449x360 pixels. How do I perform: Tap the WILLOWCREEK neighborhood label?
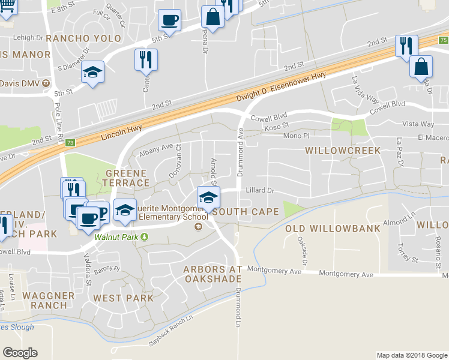tap(343, 150)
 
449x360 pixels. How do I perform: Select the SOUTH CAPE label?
tap(245, 212)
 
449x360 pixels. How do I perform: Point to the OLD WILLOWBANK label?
tap(332, 229)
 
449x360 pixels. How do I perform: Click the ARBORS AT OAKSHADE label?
tap(212, 274)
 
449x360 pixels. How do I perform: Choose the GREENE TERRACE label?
tap(127, 178)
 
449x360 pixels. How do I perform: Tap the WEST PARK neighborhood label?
tap(124, 298)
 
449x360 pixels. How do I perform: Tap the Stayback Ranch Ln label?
tap(167, 334)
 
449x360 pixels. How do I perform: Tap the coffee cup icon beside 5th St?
tap(169, 20)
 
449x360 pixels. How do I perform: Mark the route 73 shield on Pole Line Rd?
tap(70, 143)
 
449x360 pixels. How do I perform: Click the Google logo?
tap(20, 353)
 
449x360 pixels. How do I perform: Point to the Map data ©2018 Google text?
tap(411, 355)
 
